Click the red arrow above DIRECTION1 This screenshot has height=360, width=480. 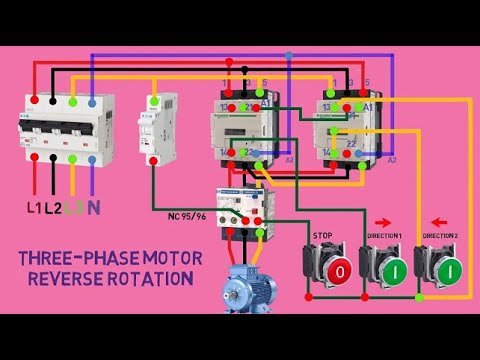pos(382,222)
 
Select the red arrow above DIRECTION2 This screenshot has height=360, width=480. pos(438,222)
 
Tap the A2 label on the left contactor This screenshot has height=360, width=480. pos(289,160)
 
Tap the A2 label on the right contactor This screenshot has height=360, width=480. pos(392,160)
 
